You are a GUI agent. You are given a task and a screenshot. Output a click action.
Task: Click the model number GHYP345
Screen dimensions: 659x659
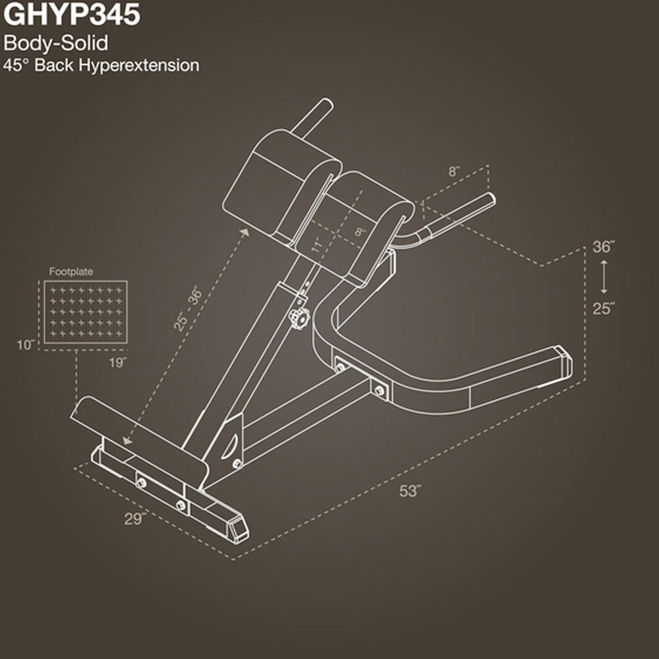tap(72, 15)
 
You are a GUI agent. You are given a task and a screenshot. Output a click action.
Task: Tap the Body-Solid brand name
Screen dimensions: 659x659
tap(55, 44)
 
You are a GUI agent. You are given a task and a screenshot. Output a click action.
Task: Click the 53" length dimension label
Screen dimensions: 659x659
tap(410, 491)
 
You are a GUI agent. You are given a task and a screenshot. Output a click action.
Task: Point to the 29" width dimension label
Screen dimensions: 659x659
tap(134, 518)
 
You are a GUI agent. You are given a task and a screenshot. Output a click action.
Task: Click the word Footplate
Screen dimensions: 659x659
tap(71, 271)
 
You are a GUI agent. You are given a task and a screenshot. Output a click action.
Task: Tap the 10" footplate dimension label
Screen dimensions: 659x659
tap(26, 345)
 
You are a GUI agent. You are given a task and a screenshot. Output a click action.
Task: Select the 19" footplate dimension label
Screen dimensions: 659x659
tap(118, 361)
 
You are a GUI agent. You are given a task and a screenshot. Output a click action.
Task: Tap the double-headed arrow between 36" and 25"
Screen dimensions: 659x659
tap(603, 277)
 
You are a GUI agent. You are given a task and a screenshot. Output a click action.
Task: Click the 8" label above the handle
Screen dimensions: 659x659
tap(455, 171)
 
